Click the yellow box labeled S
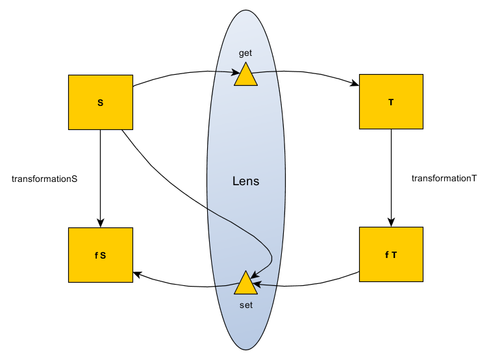click(x=100, y=102)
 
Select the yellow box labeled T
click(x=391, y=102)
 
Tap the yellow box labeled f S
click(x=100, y=255)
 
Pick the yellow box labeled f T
click(x=391, y=254)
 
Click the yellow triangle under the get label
click(x=245, y=75)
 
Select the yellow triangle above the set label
click(x=245, y=284)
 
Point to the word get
click(x=245, y=53)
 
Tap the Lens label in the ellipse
click(x=245, y=181)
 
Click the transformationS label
click(x=45, y=178)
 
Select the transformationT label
click(x=444, y=178)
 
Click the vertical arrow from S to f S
click(x=100, y=175)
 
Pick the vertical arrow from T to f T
click(x=391, y=175)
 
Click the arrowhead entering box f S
click(x=137, y=274)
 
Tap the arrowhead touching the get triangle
click(x=237, y=73)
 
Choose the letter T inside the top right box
click(x=391, y=103)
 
